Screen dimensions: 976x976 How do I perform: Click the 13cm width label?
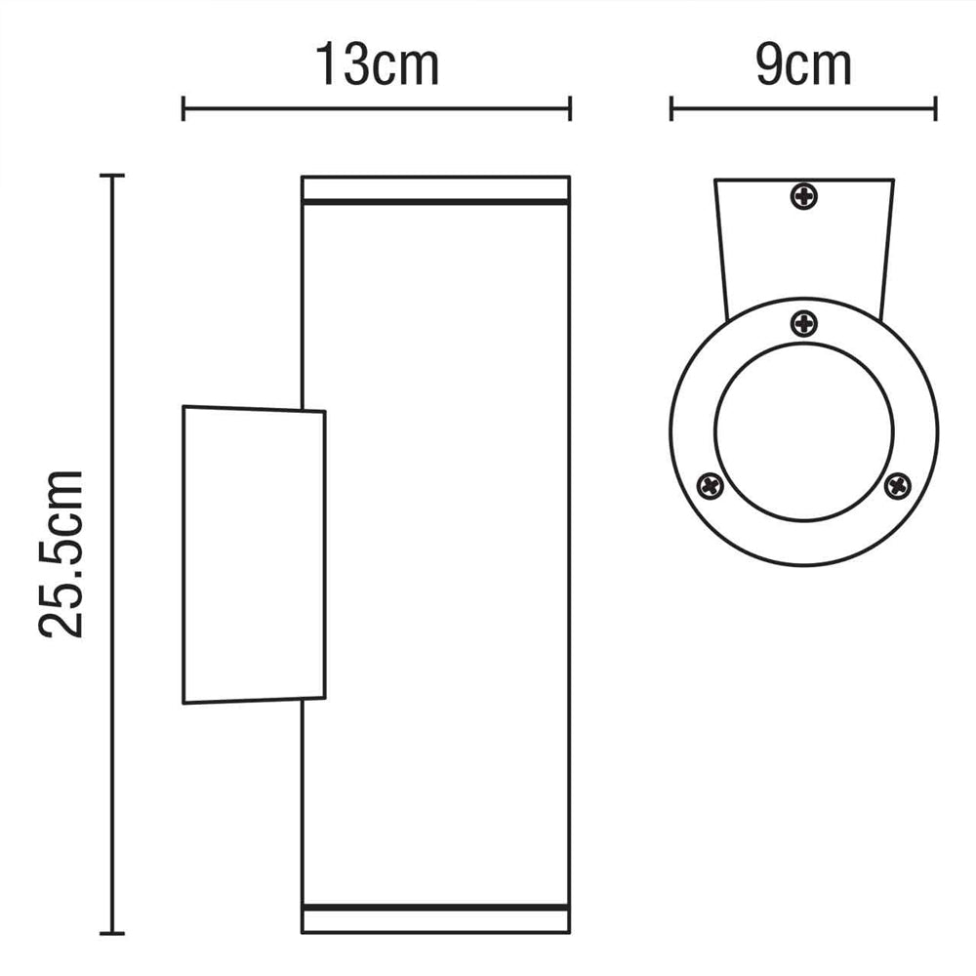click(x=377, y=65)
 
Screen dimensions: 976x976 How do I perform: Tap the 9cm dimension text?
click(x=802, y=65)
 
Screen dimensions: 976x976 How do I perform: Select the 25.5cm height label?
click(x=61, y=553)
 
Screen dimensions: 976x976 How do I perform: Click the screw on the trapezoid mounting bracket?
click(x=804, y=197)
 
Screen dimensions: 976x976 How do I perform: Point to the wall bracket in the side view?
click(x=253, y=554)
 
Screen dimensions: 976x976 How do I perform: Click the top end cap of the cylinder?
click(x=435, y=187)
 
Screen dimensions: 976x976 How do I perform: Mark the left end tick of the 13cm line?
click(x=183, y=108)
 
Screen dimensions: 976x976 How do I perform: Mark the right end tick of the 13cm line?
click(x=570, y=108)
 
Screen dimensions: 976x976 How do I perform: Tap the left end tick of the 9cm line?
click(x=671, y=108)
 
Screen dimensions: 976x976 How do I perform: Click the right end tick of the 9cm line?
click(x=936, y=108)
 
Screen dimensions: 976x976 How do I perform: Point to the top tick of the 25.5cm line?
click(x=113, y=176)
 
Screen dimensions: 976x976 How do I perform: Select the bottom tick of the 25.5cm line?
click(x=113, y=933)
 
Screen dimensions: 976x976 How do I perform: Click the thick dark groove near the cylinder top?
click(x=435, y=203)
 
